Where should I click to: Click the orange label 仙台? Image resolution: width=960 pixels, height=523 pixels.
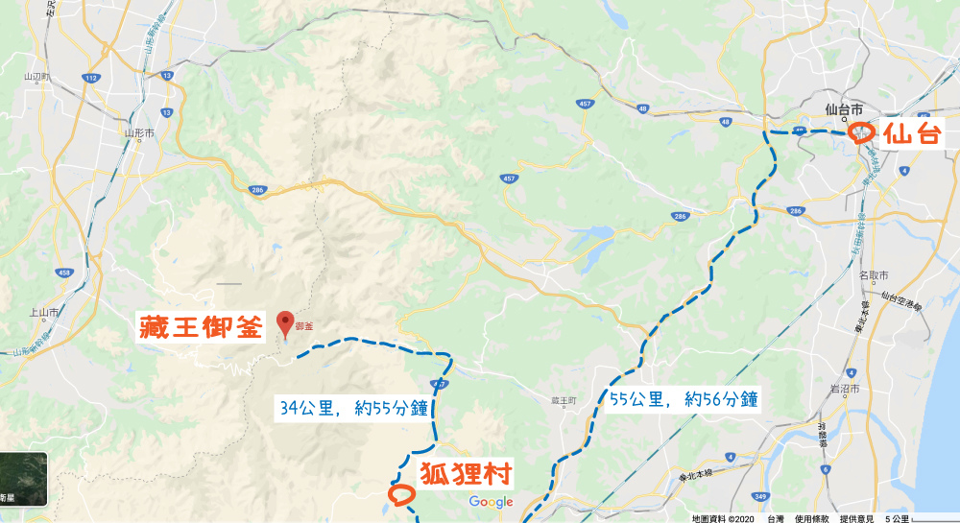pyautogui.click(x=911, y=134)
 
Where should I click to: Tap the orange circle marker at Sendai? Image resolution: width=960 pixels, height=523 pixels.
pyautogui.click(x=861, y=133)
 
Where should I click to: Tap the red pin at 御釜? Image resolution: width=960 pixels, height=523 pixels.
pyautogui.click(x=284, y=323)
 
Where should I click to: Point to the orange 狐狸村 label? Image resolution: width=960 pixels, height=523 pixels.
pyautogui.click(x=464, y=474)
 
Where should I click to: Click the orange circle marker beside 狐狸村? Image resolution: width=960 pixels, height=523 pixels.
pyautogui.click(x=400, y=495)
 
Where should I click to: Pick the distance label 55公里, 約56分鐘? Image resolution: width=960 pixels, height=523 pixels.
pyautogui.click(x=684, y=399)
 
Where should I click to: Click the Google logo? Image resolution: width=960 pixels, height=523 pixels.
pyautogui.click(x=492, y=502)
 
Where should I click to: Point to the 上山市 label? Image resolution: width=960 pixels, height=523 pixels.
pyautogui.click(x=46, y=313)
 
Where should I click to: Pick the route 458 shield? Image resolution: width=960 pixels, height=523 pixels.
pyautogui.click(x=63, y=273)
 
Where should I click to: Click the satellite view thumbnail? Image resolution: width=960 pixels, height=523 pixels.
pyautogui.click(x=23, y=477)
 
